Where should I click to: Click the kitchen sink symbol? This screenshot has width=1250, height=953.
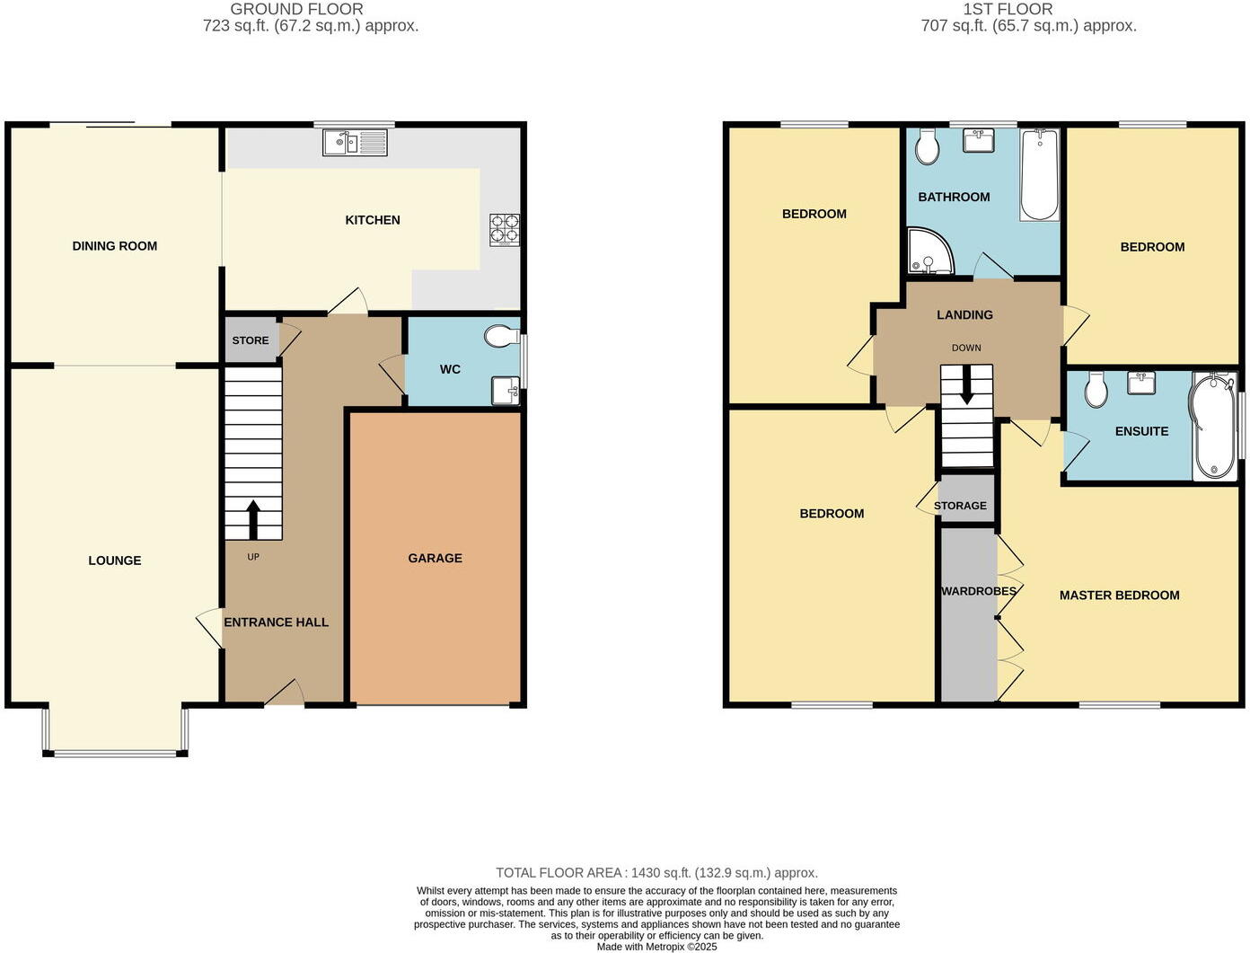[x=355, y=142]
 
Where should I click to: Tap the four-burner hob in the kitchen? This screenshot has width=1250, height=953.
[x=504, y=229]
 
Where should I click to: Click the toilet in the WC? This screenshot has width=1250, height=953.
[x=499, y=337]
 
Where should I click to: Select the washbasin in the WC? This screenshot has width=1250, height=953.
[x=506, y=391]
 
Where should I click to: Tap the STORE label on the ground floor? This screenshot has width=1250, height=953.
[x=251, y=340]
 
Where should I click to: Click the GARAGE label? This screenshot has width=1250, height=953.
[x=435, y=558]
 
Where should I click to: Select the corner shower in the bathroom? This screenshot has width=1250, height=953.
[x=925, y=252]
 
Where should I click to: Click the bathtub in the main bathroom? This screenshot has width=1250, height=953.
[x=1040, y=174]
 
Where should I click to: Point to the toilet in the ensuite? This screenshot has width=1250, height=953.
[x=1095, y=390]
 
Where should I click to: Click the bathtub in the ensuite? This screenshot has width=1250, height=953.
[x=1212, y=427]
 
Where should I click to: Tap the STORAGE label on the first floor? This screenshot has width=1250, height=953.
[x=960, y=506]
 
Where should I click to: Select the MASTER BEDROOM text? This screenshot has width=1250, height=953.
[x=1119, y=595]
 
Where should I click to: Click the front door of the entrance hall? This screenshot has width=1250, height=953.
[x=286, y=694]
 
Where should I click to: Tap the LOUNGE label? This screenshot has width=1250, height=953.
[x=115, y=560]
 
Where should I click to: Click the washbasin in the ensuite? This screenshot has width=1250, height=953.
[x=1140, y=383]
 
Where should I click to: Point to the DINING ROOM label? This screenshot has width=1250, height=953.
[x=115, y=246]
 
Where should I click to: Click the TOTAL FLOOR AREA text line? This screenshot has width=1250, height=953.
[x=656, y=872]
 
